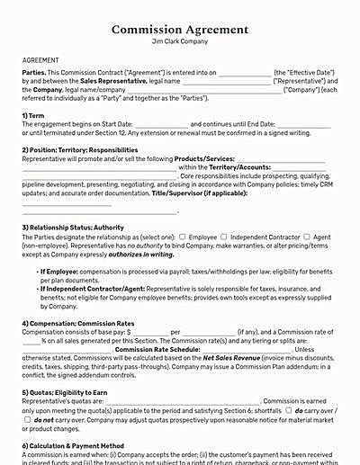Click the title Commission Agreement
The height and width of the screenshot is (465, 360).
point(180,30)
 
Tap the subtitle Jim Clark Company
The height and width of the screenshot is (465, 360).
point(180,41)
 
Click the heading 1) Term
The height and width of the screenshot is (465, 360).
point(36,116)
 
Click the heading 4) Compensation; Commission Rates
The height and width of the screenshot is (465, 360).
point(79,321)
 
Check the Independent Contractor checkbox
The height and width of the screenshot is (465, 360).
point(223,237)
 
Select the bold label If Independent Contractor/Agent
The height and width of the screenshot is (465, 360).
point(93,288)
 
